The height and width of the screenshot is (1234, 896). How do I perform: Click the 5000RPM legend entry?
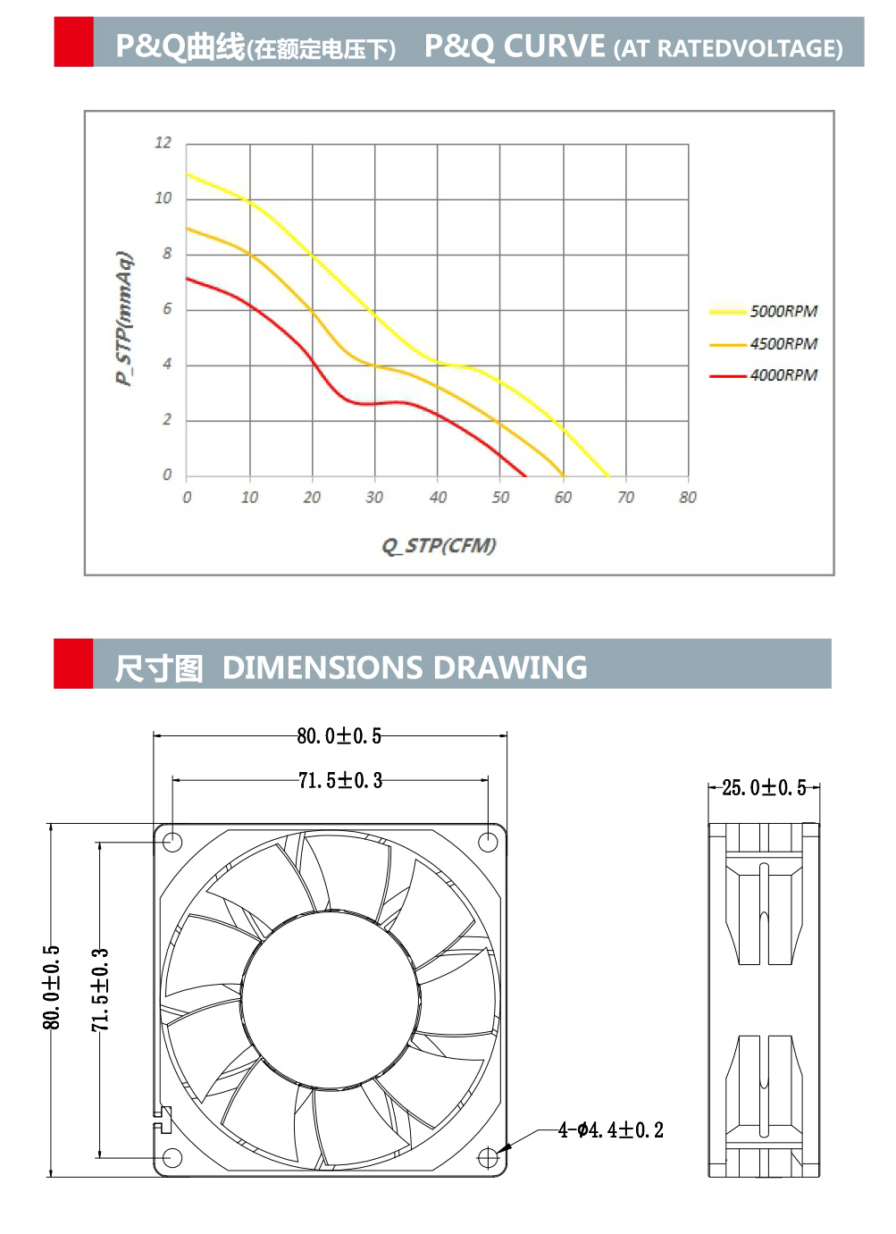(x=783, y=311)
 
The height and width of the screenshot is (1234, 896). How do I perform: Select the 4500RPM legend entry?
(x=783, y=344)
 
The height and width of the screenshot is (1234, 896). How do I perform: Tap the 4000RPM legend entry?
(x=783, y=375)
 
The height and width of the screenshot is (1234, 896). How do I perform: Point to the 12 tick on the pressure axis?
(x=163, y=143)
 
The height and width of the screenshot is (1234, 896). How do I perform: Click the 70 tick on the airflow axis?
(x=625, y=497)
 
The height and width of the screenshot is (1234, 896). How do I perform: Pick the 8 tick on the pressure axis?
(x=166, y=254)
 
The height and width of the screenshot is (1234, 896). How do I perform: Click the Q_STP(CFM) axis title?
(x=439, y=545)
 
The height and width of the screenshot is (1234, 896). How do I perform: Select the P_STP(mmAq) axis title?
(x=124, y=319)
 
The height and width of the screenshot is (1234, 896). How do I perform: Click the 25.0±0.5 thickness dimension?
(x=764, y=788)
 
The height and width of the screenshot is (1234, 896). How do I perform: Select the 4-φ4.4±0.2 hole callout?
(x=611, y=1130)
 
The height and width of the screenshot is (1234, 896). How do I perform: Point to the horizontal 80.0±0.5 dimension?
(x=339, y=736)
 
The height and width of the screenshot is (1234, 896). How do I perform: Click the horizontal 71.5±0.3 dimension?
(x=339, y=781)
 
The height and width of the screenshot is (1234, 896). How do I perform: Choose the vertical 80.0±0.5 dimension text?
(x=52, y=987)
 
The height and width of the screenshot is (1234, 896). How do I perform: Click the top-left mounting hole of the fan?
(x=173, y=842)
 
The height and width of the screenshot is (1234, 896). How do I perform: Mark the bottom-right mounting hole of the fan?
(x=487, y=1158)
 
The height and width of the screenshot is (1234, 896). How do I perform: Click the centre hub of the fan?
(x=330, y=999)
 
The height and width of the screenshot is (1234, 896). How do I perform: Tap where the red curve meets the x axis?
(x=525, y=476)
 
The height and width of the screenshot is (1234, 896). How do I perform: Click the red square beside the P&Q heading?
(x=73, y=42)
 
